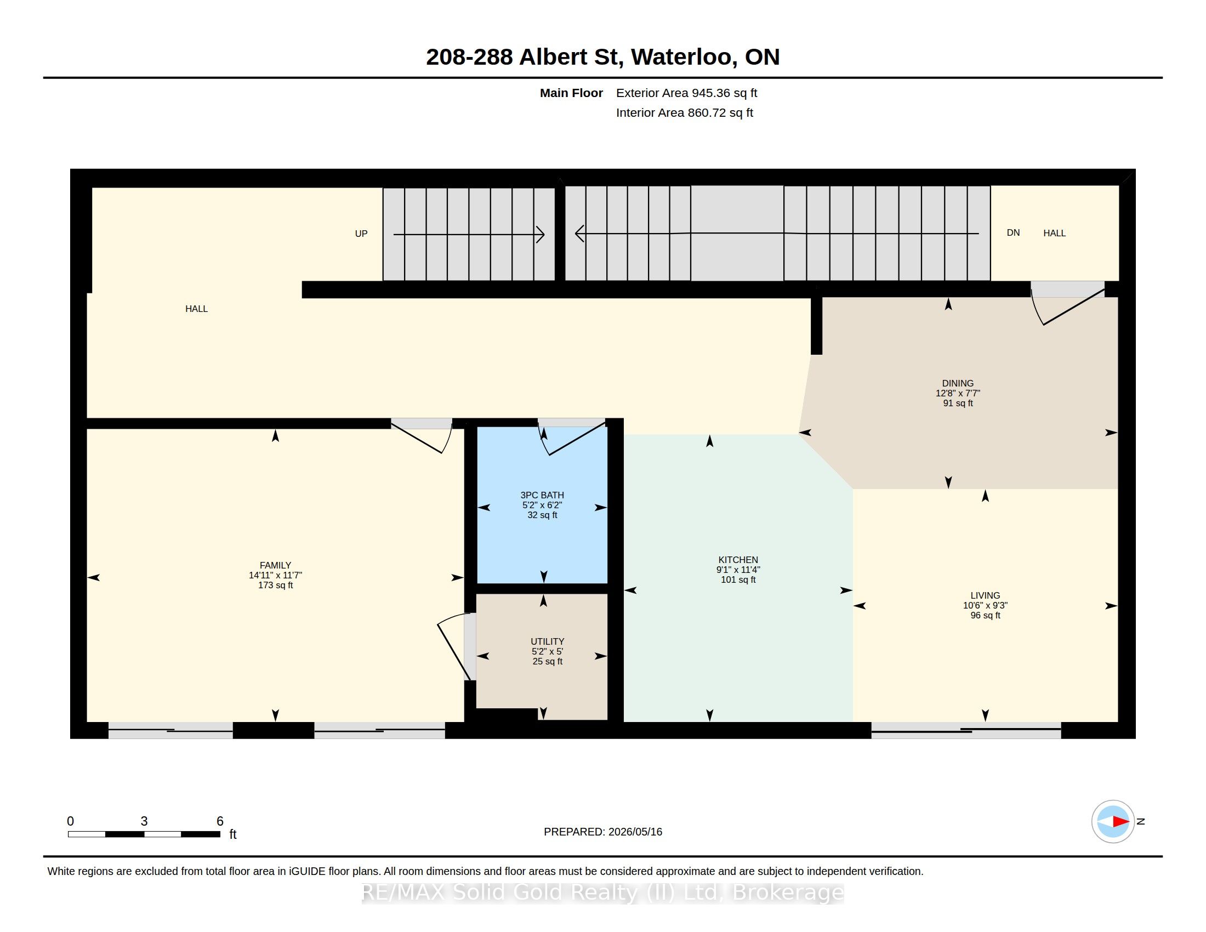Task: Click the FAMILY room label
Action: pyautogui.click(x=275, y=565)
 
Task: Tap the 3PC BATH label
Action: pyautogui.click(x=542, y=495)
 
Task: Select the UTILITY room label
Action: pyautogui.click(x=547, y=641)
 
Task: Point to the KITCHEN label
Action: pyautogui.click(x=738, y=559)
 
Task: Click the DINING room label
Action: pyautogui.click(x=958, y=383)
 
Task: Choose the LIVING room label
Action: pyautogui.click(x=985, y=595)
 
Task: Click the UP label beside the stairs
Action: pyautogui.click(x=361, y=234)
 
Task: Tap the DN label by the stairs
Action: pyautogui.click(x=1012, y=232)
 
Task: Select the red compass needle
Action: pyautogui.click(x=1120, y=822)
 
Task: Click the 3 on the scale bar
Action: pyautogui.click(x=144, y=821)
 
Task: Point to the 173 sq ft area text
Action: pyautogui.click(x=275, y=586)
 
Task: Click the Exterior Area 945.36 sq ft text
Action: pyautogui.click(x=686, y=93)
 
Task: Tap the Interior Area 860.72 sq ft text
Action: pyautogui.click(x=684, y=112)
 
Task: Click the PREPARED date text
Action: pyautogui.click(x=602, y=832)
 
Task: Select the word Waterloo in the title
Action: pyautogui.click(x=684, y=57)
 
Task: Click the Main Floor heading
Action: pyautogui.click(x=571, y=93)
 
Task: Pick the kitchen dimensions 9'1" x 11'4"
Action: pyautogui.click(x=738, y=569)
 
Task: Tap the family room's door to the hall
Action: pyautogui.click(x=422, y=436)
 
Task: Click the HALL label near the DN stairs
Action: pyautogui.click(x=1054, y=233)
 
